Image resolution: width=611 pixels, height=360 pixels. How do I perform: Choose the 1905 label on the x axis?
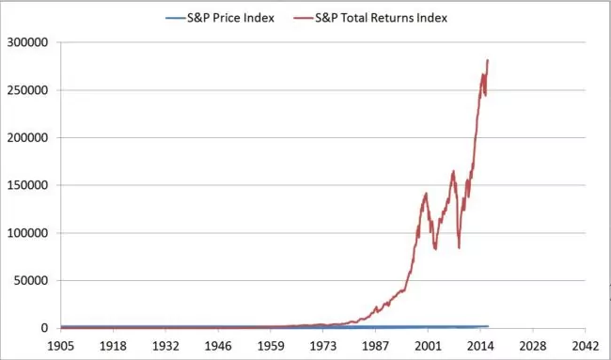tap(61, 345)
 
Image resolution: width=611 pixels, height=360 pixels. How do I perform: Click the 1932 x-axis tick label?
tap(165, 345)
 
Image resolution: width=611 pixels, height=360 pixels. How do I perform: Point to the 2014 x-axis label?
tap(480, 345)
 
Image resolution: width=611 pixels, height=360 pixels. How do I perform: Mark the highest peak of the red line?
tap(488, 60)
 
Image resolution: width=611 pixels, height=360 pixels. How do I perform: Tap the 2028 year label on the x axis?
tap(533, 345)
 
